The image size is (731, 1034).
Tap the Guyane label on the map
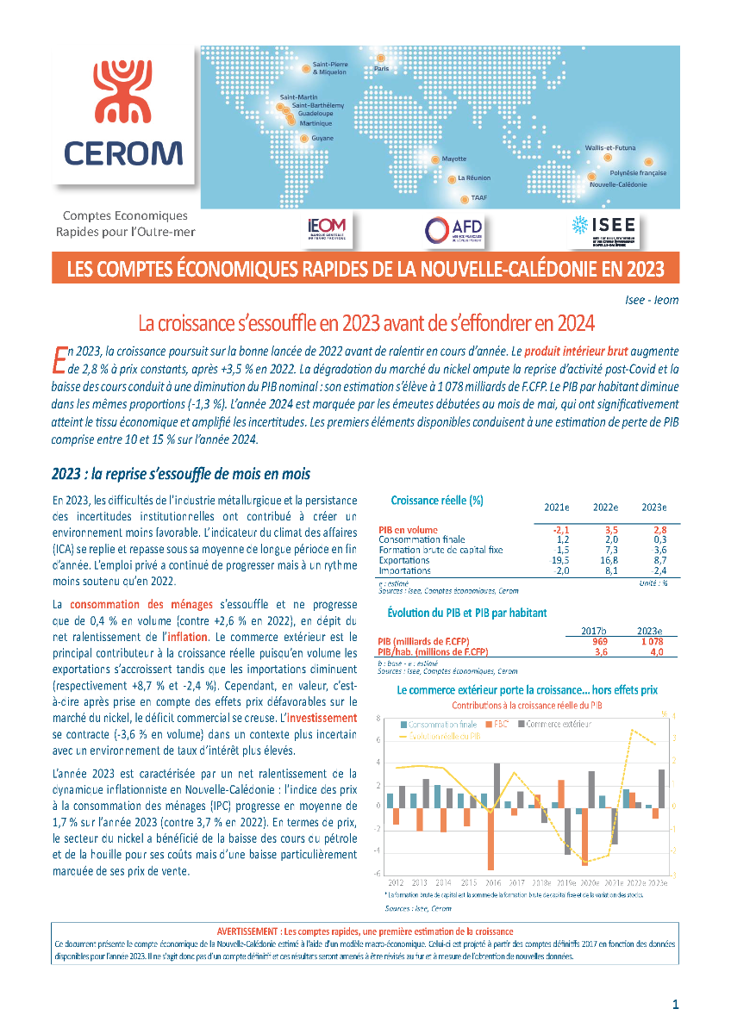322,138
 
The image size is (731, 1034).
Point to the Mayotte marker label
453,159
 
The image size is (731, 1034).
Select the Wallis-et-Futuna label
609,148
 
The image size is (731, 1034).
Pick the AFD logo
453,229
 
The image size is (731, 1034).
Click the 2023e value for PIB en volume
659,530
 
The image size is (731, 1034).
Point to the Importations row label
404,570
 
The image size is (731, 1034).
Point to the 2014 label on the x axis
443,883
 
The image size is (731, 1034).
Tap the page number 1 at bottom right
676,1004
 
